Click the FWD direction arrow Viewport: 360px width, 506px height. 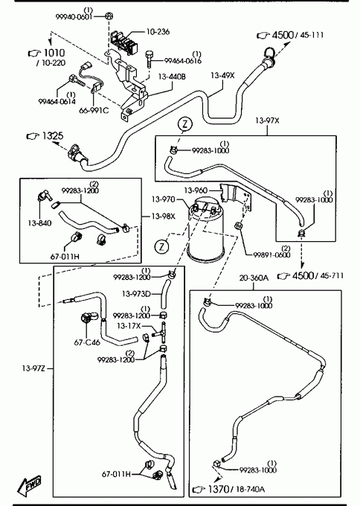[30, 485]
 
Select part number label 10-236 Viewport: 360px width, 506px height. [158, 32]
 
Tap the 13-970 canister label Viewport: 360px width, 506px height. [164, 199]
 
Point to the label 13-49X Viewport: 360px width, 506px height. [222, 75]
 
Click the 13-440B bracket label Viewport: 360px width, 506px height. [172, 77]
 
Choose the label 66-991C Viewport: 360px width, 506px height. [94, 110]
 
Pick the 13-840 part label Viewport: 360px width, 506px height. [39, 223]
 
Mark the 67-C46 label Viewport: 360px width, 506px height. [87, 342]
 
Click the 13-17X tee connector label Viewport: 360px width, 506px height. [129, 326]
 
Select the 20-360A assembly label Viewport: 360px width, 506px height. [254, 278]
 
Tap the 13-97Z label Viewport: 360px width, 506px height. [33, 368]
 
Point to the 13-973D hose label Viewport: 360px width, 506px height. [136, 294]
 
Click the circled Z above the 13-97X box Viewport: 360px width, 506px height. [185, 124]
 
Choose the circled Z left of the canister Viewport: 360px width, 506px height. [161, 246]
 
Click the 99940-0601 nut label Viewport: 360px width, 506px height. [74, 17]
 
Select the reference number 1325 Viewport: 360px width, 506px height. [54, 136]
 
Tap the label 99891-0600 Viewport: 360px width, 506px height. [271, 255]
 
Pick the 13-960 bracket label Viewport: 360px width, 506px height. [196, 190]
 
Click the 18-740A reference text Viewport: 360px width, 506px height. [251, 489]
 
